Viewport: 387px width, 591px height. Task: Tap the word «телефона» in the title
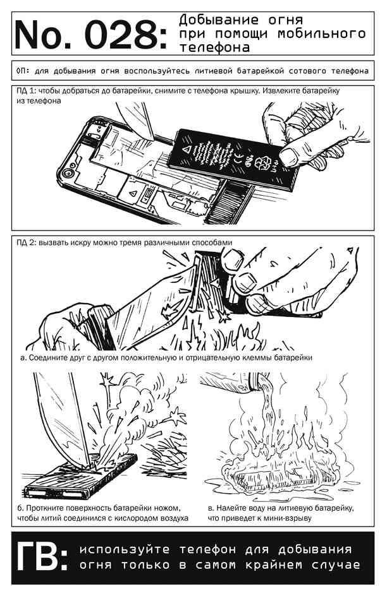214,48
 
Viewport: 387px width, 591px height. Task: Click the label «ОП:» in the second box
23,71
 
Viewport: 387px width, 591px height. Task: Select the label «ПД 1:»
26,91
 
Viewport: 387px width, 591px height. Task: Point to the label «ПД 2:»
26,242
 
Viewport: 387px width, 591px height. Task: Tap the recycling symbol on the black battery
263,163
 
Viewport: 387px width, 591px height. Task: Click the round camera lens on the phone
68,174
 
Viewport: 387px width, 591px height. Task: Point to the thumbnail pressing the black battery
288,156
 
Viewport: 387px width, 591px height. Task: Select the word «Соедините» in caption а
48,357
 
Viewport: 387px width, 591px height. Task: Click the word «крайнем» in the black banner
273,565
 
